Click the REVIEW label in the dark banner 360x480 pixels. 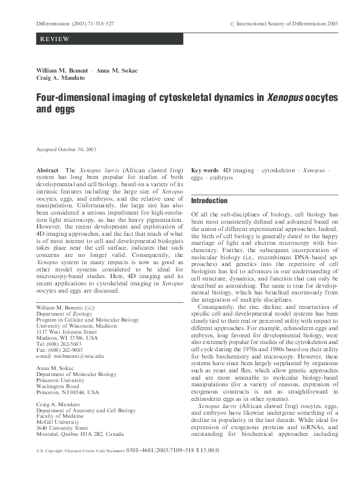click(x=54, y=39)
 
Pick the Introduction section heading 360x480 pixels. click(x=209, y=200)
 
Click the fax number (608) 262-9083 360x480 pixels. click(x=70, y=351)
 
